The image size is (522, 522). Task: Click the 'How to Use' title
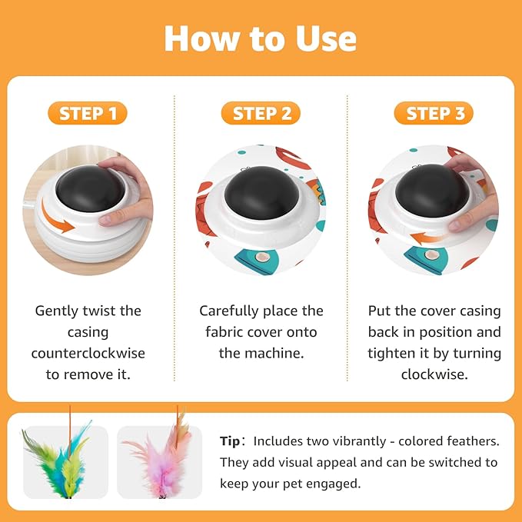coord(261,38)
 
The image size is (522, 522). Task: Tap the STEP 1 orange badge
coord(88,114)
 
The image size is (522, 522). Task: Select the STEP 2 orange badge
coord(261,114)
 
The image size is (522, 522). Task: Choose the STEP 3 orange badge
coord(435,114)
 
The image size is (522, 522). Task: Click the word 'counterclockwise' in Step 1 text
coord(88,354)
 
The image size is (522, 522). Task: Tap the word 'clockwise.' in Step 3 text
coord(434,374)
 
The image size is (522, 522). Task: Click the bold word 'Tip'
coord(231,441)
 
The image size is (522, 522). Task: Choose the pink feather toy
coord(159,459)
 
